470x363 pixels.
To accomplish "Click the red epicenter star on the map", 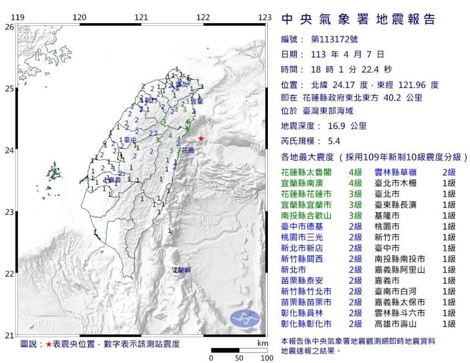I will [x=201, y=138].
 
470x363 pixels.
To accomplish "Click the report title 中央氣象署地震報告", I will [x=358, y=19].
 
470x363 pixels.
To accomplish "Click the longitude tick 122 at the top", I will [x=203, y=18].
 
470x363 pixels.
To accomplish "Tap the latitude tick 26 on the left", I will [x=9, y=27].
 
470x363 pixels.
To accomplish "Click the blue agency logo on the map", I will [x=245, y=318].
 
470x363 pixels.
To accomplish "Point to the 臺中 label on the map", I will [x=129, y=140].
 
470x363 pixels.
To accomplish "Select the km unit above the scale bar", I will [x=263, y=343].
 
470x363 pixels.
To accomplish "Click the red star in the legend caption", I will [x=49, y=345].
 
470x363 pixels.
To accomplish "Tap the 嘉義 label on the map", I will [x=115, y=180].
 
